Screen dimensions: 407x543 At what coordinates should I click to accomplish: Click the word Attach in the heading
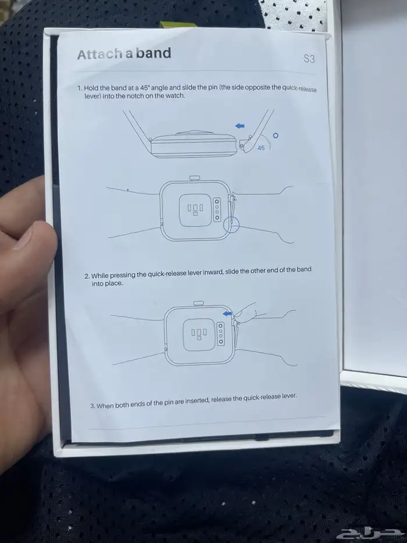99,54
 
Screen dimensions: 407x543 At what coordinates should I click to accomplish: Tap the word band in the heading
153,53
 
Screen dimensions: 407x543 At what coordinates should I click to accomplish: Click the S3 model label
309,59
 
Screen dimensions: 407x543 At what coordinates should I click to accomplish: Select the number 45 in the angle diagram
261,148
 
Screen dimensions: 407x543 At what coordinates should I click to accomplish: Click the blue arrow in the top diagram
240,126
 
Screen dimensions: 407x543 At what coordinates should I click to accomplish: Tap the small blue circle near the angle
276,136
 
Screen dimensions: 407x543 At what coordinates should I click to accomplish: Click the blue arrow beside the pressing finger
227,314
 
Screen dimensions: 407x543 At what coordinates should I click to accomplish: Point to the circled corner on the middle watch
231,225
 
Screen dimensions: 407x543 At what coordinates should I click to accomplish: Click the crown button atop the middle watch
195,178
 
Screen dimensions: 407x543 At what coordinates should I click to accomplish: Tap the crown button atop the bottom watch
198,303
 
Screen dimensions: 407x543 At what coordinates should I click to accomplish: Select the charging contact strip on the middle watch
217,209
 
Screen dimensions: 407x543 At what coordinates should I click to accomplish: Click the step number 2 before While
87,276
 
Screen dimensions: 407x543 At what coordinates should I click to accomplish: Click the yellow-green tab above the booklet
178,24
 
